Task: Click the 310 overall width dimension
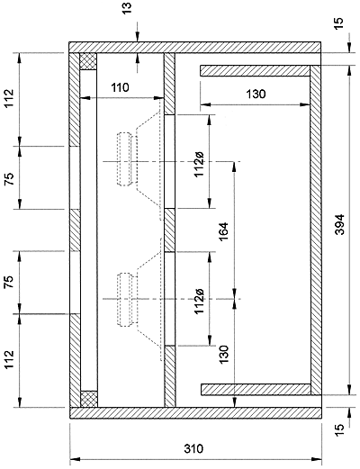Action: point(193,449)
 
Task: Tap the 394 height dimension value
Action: point(339,224)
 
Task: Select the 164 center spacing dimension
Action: point(224,231)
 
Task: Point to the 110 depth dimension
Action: point(120,87)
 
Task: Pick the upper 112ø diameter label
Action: point(199,164)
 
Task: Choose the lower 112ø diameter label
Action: point(199,302)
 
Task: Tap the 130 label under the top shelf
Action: point(256,95)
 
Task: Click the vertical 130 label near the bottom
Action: point(224,355)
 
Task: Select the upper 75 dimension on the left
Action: point(9,178)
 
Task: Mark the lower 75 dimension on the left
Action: point(9,282)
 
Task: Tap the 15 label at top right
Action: point(337,24)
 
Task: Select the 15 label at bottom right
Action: point(337,430)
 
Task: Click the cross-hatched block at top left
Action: point(88,61)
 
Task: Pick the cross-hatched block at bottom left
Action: point(89,399)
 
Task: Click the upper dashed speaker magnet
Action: point(124,159)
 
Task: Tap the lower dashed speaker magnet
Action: point(124,300)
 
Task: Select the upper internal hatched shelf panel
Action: point(255,71)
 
